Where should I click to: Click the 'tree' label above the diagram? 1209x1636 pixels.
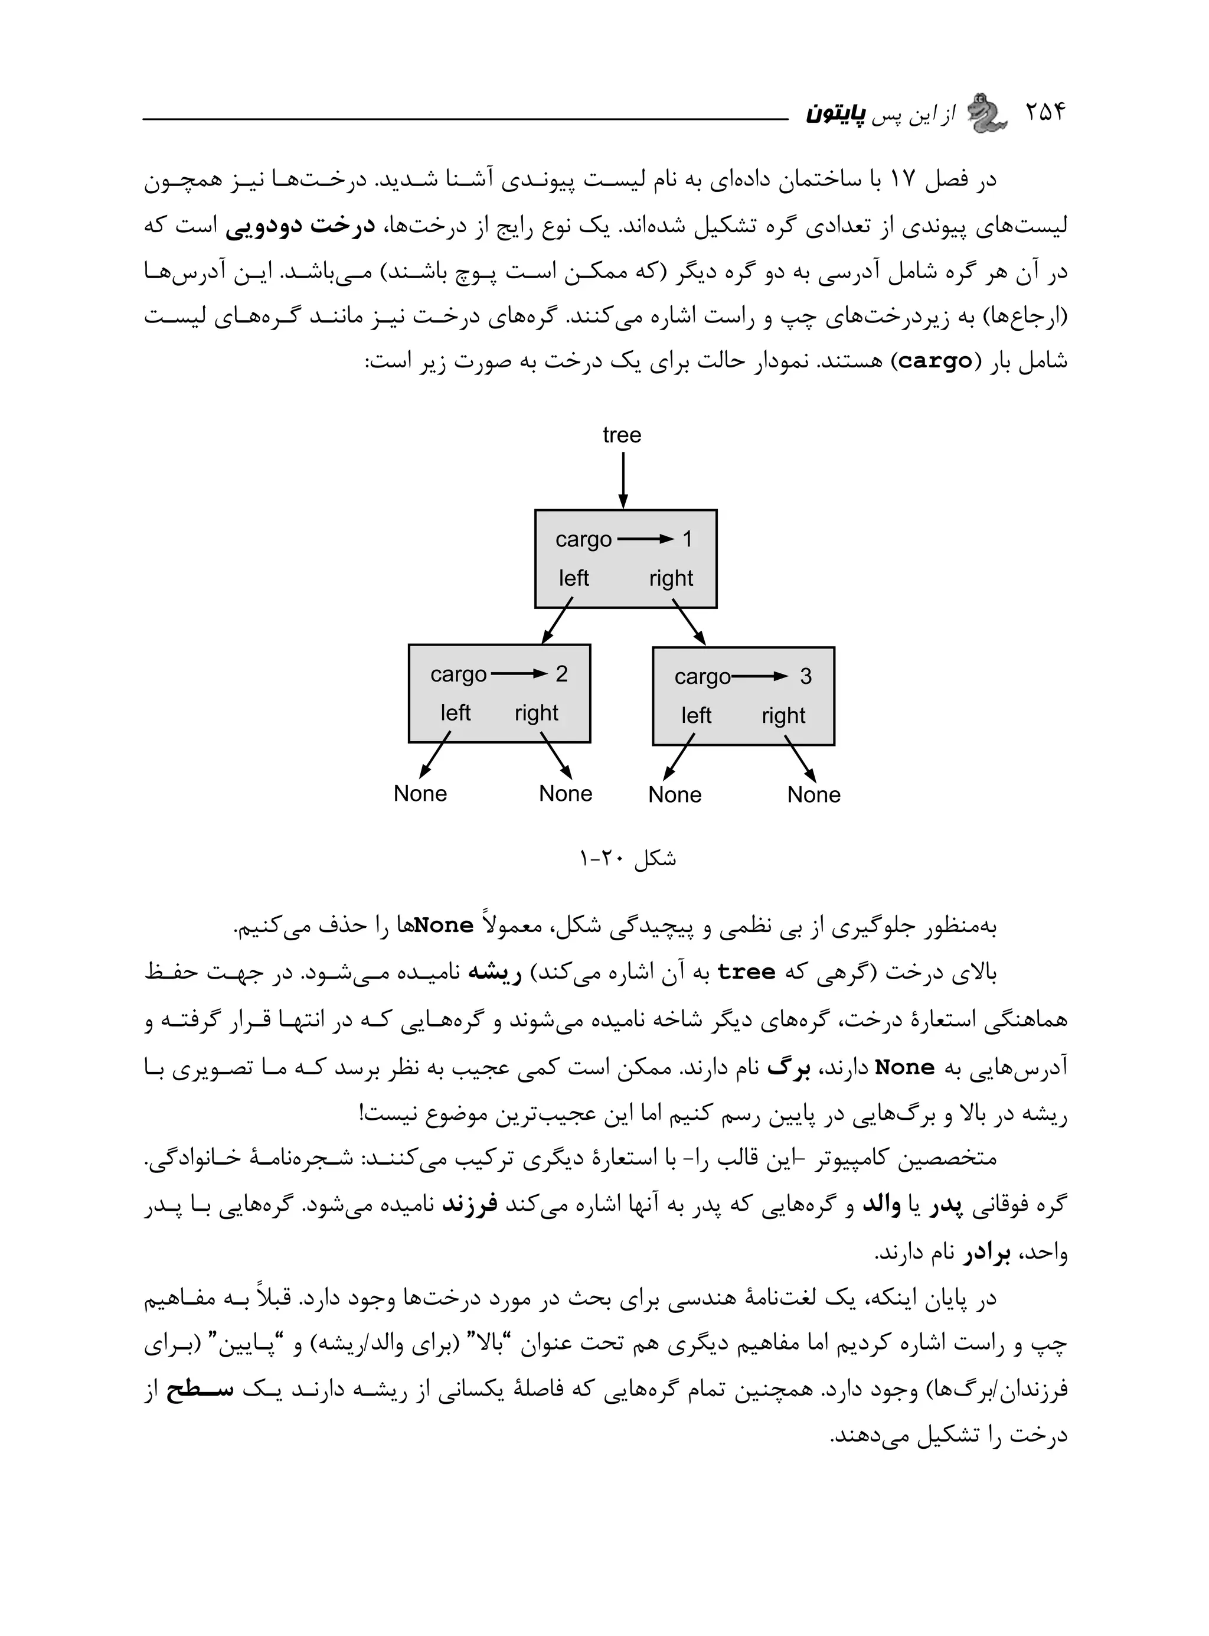click(x=622, y=435)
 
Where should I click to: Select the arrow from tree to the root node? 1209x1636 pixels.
click(x=623, y=480)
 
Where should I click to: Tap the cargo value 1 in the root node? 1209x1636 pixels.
click(x=687, y=539)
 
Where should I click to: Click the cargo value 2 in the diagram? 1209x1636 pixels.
click(x=561, y=674)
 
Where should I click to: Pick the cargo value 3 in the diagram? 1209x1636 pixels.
click(x=806, y=676)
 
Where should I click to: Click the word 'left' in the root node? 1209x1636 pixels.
click(x=574, y=578)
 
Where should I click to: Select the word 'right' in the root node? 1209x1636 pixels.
click(x=671, y=578)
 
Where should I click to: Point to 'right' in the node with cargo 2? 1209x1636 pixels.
click(x=537, y=713)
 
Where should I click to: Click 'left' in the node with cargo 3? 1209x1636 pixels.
click(x=696, y=715)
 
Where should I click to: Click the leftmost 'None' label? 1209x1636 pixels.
click(x=420, y=793)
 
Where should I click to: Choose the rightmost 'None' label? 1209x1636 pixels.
click(x=814, y=795)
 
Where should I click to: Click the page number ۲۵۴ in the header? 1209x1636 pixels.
click(x=1045, y=113)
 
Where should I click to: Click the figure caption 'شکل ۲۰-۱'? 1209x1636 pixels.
click(x=628, y=858)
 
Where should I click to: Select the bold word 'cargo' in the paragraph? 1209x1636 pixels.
click(x=935, y=361)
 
